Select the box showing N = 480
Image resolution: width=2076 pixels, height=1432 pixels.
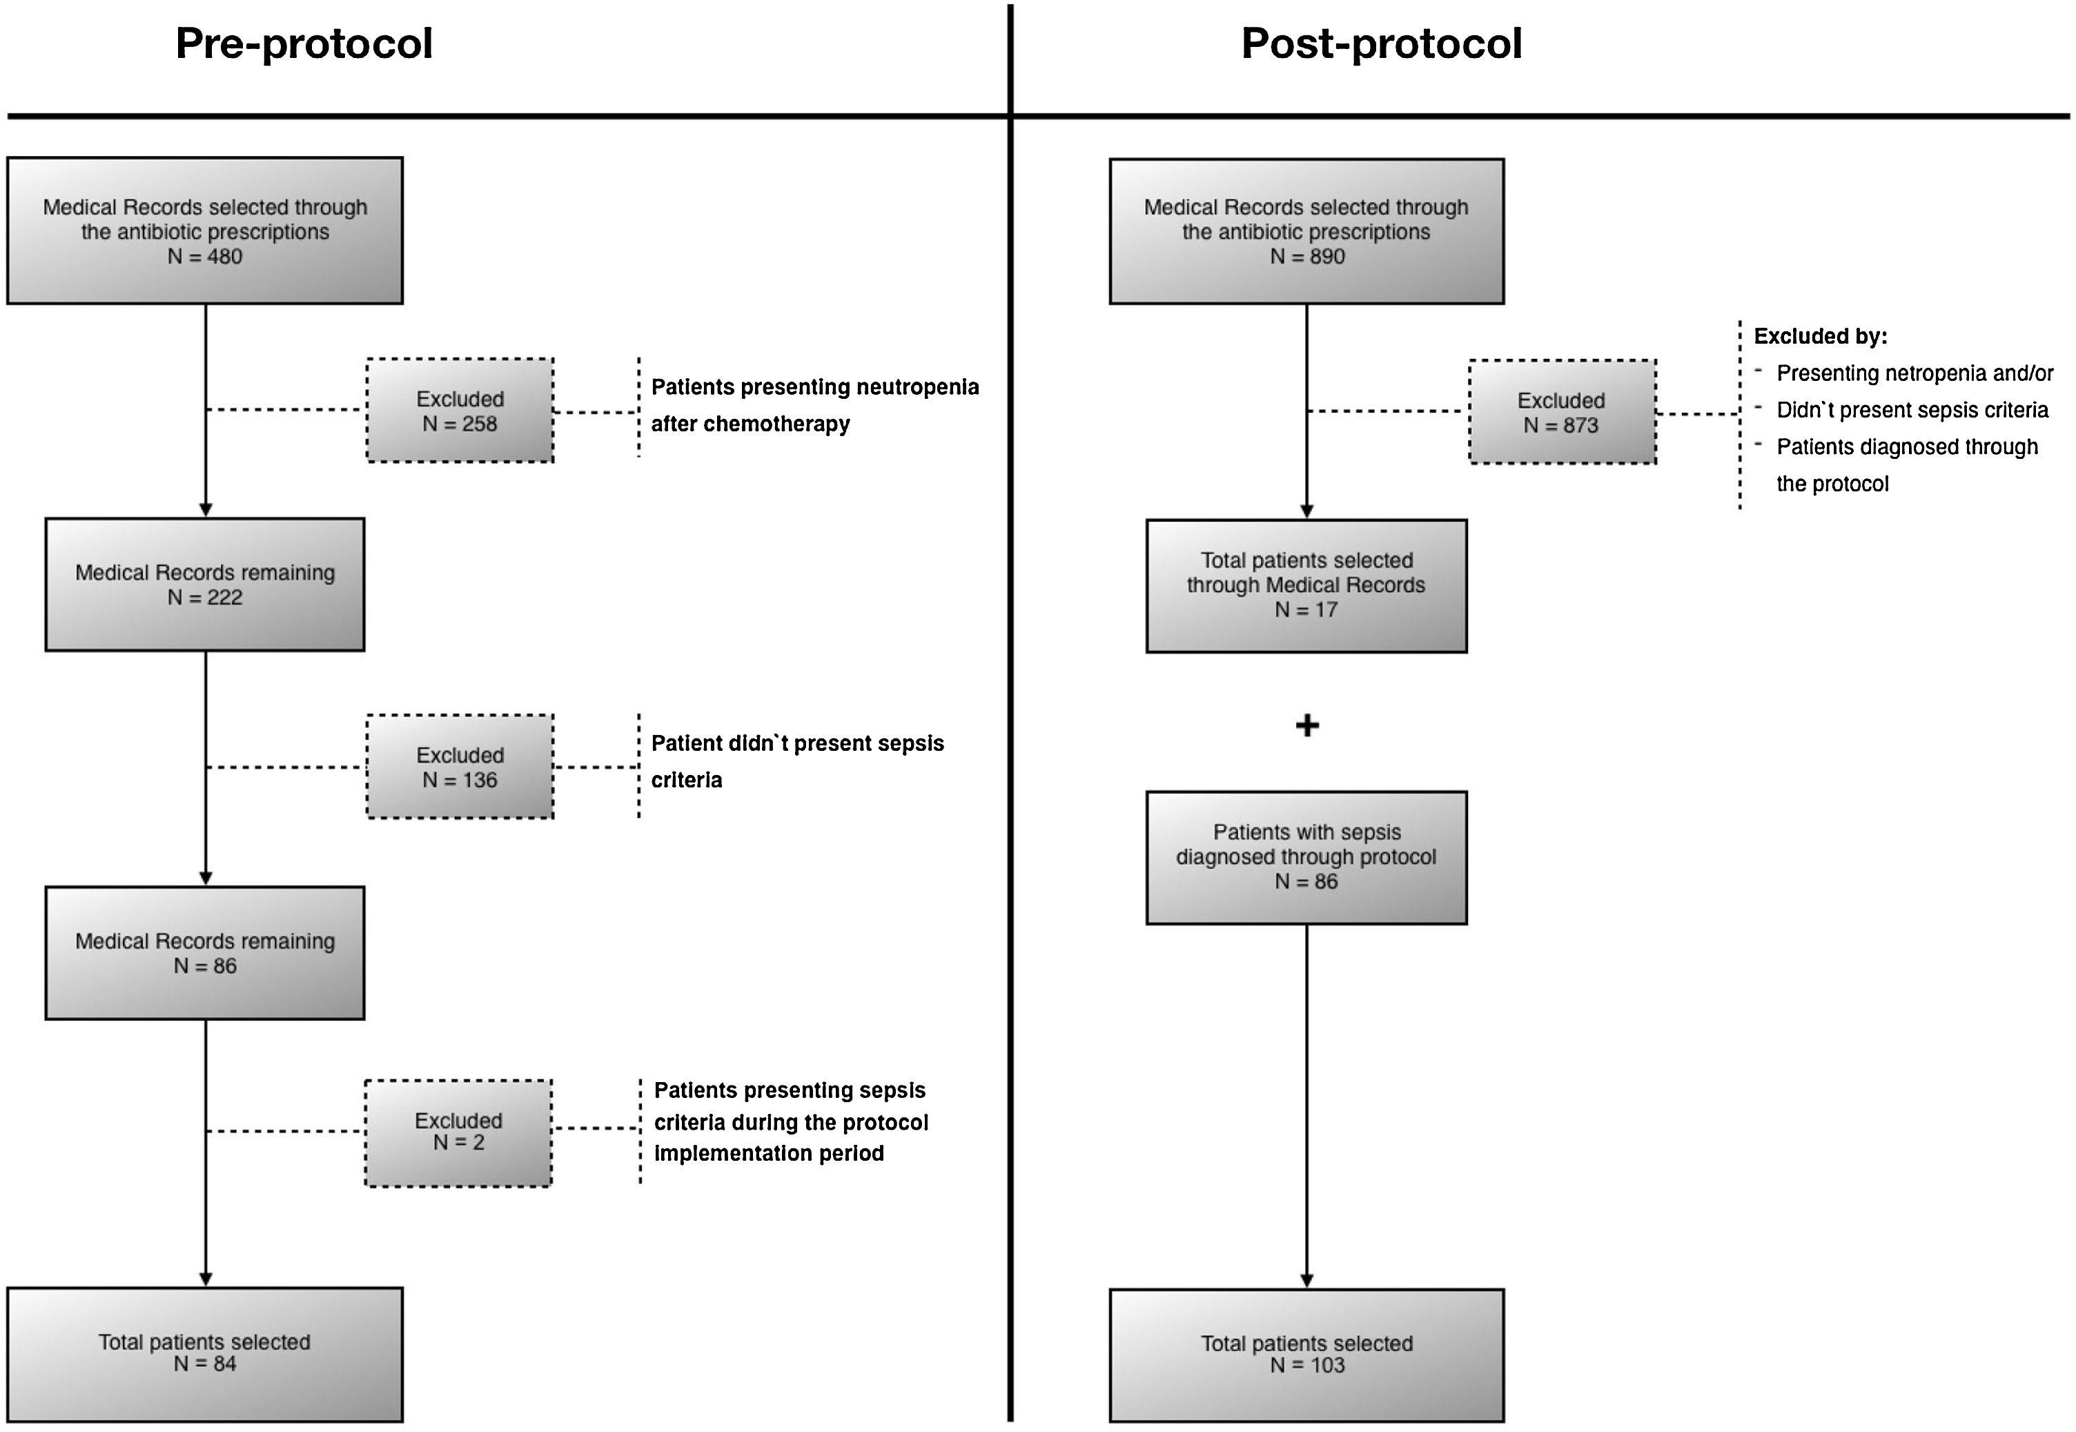coord(204,231)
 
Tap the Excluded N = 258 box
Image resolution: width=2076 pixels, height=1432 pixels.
coord(460,411)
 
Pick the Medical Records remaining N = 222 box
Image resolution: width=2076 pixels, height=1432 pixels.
coord(204,584)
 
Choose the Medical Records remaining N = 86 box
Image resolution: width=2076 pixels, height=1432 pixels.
coord(204,953)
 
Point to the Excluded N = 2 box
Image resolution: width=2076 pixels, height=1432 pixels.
coord(458,1132)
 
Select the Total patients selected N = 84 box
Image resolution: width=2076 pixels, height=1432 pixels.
coord(204,1353)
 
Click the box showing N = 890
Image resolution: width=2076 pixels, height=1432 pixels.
coord(1306,231)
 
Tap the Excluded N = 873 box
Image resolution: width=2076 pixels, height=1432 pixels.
coord(1561,413)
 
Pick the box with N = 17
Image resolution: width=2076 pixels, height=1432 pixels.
coord(1306,585)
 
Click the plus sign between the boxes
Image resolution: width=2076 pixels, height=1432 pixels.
coord(1307,725)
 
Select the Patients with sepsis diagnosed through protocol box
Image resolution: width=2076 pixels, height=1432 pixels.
coord(1306,857)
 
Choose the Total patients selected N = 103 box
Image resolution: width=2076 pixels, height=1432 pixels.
coord(1306,1355)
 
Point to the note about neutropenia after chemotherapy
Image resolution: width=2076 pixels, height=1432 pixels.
coord(814,404)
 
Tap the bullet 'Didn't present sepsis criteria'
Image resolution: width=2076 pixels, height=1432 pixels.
coord(1911,410)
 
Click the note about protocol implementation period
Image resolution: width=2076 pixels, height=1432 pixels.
coord(790,1121)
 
